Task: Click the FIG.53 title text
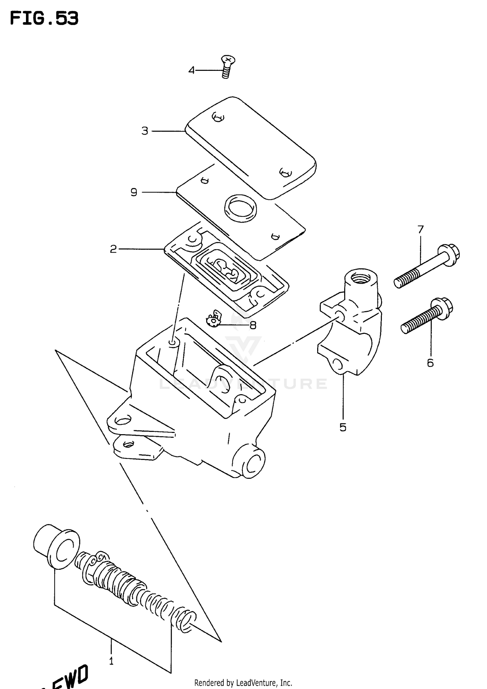(44, 19)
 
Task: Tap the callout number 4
(192, 70)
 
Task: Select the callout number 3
(145, 131)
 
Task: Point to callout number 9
(134, 192)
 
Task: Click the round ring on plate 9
(241, 208)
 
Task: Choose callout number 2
(113, 249)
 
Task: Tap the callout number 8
(253, 325)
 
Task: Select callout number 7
(420, 230)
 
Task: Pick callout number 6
(430, 363)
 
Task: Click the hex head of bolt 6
(443, 307)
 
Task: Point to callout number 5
(343, 427)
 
